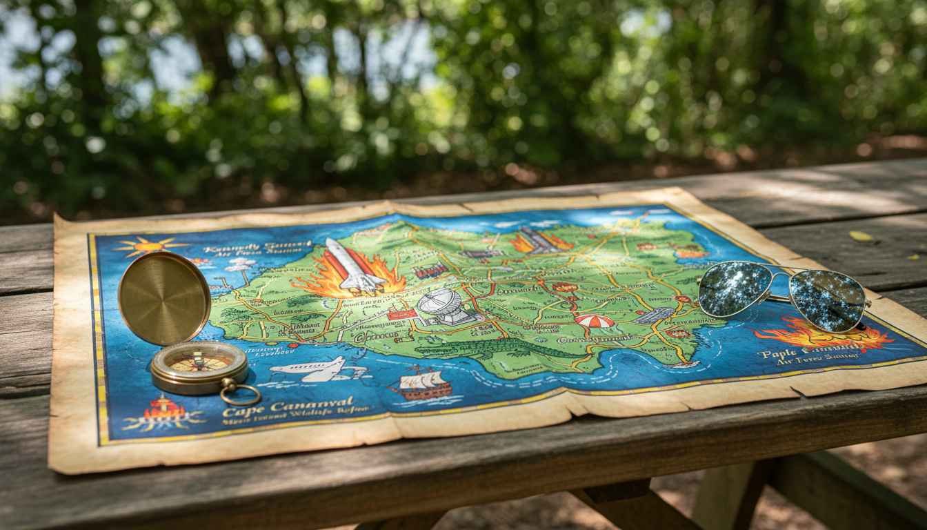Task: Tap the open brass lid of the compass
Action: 164,297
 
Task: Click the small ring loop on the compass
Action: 240,395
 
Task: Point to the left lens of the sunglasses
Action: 733,288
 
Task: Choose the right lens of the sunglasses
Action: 827,300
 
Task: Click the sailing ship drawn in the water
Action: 422,384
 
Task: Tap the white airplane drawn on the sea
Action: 310,371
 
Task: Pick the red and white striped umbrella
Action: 594,321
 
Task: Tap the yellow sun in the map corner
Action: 149,245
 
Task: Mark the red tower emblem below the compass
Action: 163,410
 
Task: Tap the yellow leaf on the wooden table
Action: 861,236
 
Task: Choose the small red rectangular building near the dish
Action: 402,315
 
